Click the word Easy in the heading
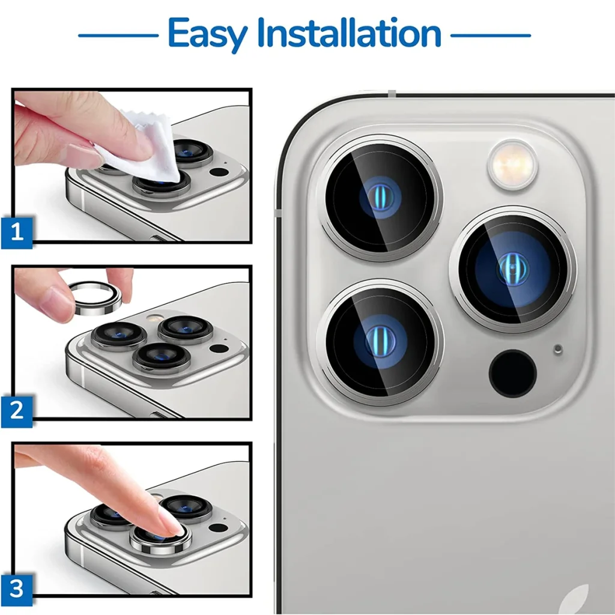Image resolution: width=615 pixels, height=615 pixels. pos(207,34)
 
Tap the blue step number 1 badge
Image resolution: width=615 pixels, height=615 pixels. pos(16,232)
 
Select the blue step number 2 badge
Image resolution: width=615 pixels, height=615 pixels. pos(16,411)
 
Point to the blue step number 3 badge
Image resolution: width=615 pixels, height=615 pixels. pos(16,589)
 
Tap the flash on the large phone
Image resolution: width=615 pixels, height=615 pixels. pos(513,165)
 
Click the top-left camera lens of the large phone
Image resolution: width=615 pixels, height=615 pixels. pos(380,198)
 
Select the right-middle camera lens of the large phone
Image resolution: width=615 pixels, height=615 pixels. pos(513,269)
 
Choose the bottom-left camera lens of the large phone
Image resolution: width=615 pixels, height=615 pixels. pos(380,341)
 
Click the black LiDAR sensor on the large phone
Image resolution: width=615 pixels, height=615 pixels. pos(513,373)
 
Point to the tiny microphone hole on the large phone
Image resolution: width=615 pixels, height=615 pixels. pos(558,349)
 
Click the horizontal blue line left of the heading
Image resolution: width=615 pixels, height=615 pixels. pos(118,35)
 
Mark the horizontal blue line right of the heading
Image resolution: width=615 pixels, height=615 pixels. pos(491,35)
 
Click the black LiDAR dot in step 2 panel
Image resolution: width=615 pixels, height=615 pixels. pos(219,348)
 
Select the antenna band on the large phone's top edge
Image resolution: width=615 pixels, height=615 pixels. pos(392,93)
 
